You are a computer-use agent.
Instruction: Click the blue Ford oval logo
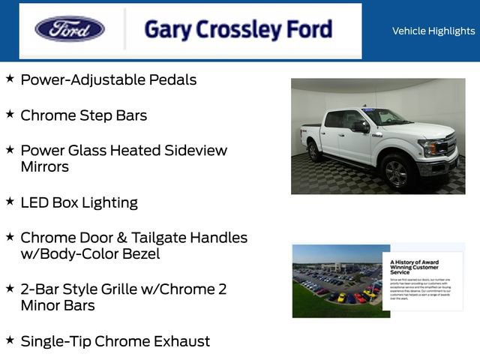[70, 29]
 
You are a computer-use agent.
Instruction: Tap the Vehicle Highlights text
[433, 31]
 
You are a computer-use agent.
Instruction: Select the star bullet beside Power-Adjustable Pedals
[10, 78]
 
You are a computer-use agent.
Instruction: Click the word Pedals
[174, 79]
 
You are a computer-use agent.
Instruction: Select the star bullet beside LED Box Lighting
[10, 201]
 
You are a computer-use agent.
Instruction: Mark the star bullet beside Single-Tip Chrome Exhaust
[10, 340]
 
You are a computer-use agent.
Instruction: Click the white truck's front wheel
[396, 172]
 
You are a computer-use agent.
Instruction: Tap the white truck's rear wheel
[314, 151]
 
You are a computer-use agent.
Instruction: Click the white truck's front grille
[450, 145]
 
